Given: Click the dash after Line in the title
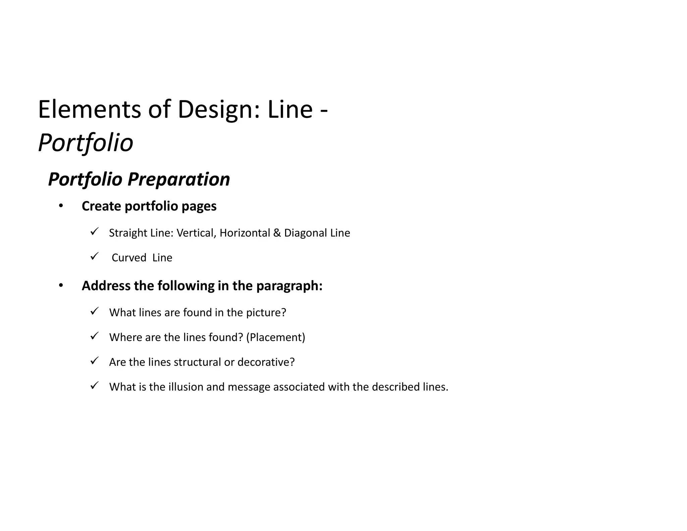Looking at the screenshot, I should click(324, 111).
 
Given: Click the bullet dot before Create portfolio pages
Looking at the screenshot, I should click(61, 206).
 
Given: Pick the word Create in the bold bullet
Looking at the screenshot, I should click(101, 206).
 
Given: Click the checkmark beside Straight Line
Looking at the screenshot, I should click(94, 232).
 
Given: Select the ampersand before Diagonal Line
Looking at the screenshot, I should click(277, 233).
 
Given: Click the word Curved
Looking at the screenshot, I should click(129, 258).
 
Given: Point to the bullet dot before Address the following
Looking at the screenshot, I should click(61, 286).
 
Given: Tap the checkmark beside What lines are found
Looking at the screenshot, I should click(94, 311).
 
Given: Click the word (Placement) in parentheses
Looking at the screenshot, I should click(275, 337).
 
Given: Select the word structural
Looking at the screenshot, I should click(198, 362).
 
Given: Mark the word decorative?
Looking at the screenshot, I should click(266, 362).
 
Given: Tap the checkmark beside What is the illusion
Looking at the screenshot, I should click(94, 386).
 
